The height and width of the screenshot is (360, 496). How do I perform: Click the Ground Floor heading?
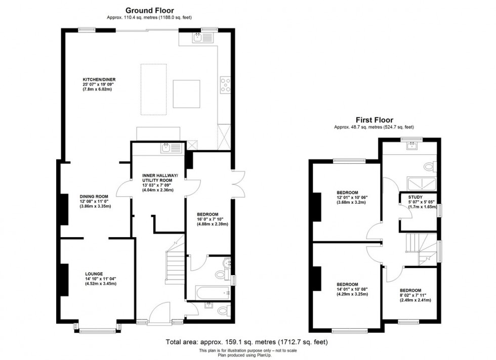[149, 10]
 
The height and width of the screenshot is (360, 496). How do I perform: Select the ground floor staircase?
[176, 263]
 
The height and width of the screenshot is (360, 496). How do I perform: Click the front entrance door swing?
[161, 308]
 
